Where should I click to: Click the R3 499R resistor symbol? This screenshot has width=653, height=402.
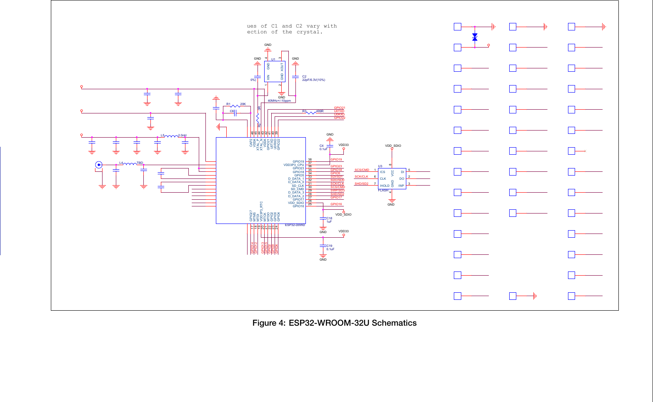coord(311,112)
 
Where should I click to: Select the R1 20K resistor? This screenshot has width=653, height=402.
coord(235,106)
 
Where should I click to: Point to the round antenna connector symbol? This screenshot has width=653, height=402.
coord(99,165)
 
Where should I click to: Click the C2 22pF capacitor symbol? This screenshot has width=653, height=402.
coord(295,77)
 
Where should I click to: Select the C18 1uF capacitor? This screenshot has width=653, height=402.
coord(323,219)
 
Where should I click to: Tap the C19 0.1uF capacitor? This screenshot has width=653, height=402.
coord(323,246)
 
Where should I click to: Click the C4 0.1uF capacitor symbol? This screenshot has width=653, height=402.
coord(330,147)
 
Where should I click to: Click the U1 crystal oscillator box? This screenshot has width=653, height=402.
coord(275,72)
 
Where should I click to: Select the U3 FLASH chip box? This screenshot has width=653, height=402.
coord(392,178)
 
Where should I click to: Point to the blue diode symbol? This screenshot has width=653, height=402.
coord(475,37)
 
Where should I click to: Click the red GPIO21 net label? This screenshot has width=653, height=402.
coord(339,108)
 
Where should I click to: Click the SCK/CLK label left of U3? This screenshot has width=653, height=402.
coord(361,177)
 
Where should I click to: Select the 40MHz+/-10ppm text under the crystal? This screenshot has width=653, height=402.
coord(279,100)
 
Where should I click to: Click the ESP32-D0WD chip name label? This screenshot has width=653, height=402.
coord(295,225)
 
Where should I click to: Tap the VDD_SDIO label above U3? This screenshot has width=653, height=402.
coord(393,146)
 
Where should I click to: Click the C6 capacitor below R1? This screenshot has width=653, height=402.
coord(236,112)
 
